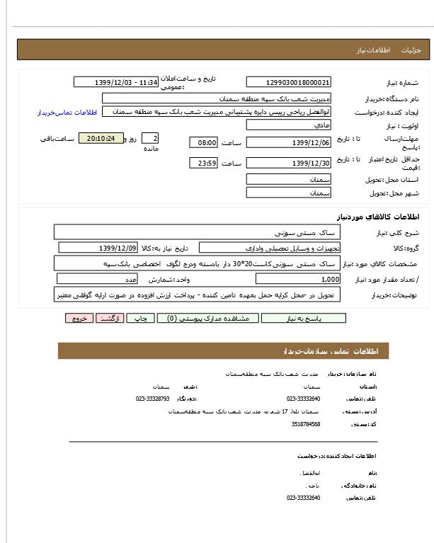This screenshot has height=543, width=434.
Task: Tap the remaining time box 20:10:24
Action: [100, 138]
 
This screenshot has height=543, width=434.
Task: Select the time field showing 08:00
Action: [203, 142]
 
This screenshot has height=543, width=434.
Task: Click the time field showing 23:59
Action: [203, 164]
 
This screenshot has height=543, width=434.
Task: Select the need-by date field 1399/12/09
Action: [99, 248]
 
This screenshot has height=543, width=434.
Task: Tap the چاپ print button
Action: [140, 319]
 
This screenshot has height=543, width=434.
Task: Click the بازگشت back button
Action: [108, 319]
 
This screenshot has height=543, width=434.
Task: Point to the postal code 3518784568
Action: [306, 424]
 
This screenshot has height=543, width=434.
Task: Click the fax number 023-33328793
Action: [152, 399]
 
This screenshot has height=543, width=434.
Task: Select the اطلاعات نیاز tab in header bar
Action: [370, 51]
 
